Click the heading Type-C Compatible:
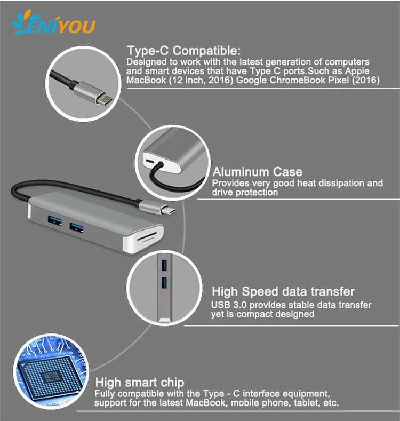tap(183, 51)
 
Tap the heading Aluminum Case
tap(258, 172)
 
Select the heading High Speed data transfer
tap(283, 291)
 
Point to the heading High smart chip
tap(140, 383)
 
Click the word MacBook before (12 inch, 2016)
tap(146, 80)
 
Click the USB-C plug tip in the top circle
tap(104, 98)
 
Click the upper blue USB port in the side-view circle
tap(164, 265)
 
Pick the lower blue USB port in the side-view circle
tap(164, 283)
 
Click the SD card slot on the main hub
tap(147, 237)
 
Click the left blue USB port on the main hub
tap(55, 221)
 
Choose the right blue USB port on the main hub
tap(76, 228)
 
